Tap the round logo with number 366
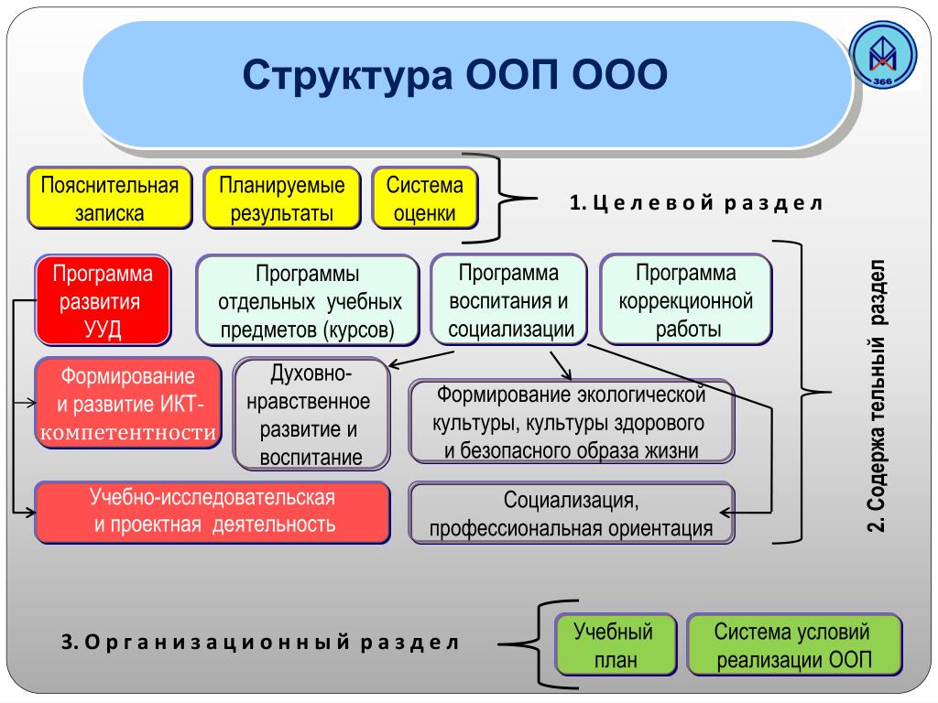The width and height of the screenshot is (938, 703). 883,57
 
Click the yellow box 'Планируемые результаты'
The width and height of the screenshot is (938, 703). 281,198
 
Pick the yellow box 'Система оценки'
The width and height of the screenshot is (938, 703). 425,198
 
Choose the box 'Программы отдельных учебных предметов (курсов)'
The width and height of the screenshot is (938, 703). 308,301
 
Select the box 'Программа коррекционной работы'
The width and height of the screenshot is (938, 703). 686,300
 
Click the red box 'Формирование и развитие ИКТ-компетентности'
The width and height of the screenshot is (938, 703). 128,404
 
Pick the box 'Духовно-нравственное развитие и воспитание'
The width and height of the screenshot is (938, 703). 311,415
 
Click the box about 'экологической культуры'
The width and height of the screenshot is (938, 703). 572,422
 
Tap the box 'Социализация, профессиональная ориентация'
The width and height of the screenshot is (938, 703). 572,514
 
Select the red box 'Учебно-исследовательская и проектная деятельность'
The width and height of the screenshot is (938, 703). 213,512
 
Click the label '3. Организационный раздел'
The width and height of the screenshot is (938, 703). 259,642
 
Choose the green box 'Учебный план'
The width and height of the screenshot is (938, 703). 614,645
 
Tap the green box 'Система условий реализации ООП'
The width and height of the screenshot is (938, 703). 793,645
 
